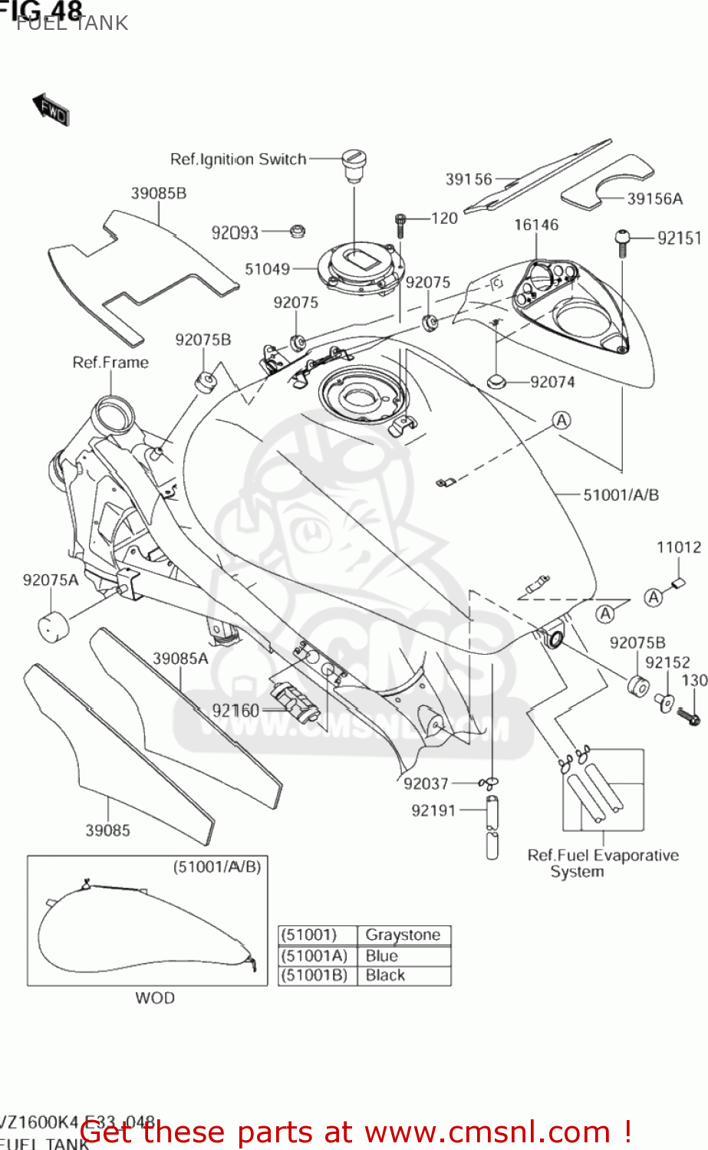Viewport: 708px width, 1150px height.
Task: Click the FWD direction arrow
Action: tap(51, 110)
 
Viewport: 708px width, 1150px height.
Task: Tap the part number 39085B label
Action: tap(158, 193)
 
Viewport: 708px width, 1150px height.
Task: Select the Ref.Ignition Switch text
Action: tap(238, 159)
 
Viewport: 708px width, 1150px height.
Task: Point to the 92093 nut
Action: tap(298, 231)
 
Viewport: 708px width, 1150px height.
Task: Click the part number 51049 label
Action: tap(267, 269)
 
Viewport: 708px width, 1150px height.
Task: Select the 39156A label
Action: tap(654, 199)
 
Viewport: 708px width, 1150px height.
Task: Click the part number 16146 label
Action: tap(536, 225)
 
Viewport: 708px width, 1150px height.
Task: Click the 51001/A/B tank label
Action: tap(621, 495)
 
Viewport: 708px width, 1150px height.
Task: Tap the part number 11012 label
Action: tap(678, 547)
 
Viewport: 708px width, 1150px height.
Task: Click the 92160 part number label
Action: tap(235, 711)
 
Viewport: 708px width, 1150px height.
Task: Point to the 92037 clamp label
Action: tap(426, 784)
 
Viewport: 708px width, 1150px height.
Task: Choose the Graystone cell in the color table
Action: tap(403, 935)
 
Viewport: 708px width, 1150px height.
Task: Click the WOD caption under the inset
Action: tap(155, 998)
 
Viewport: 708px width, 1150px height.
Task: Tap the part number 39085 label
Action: tap(107, 830)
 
